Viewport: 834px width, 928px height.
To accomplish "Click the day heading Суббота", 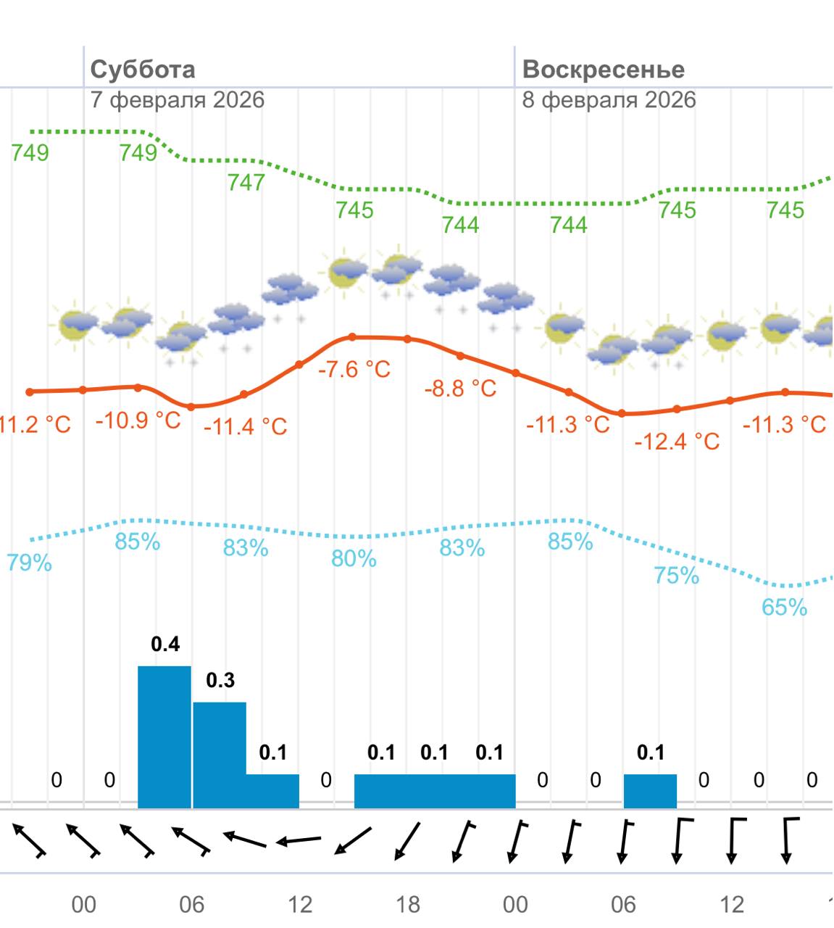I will pyautogui.click(x=142, y=70).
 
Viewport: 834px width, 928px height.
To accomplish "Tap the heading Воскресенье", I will pyautogui.click(x=603, y=70).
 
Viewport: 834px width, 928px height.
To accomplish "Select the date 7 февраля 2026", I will pyautogui.click(x=177, y=99).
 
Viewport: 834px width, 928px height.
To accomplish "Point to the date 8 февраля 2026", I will pyautogui.click(x=609, y=99).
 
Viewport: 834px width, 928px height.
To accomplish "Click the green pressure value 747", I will pyautogui.click(x=246, y=182).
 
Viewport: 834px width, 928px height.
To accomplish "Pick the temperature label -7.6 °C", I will pyautogui.click(x=354, y=370).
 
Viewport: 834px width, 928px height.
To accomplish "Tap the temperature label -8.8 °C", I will pyautogui.click(x=460, y=389).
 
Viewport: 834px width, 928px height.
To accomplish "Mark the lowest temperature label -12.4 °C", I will pyautogui.click(x=677, y=441).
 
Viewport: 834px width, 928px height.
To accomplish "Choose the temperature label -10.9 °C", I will pyautogui.click(x=138, y=420).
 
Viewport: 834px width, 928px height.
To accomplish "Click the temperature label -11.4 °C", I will pyautogui.click(x=245, y=426).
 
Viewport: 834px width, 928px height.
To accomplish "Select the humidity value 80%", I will pyautogui.click(x=354, y=559).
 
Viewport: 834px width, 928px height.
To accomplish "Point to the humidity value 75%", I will pyautogui.click(x=676, y=576).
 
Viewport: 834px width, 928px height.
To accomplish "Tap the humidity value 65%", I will pyautogui.click(x=784, y=608).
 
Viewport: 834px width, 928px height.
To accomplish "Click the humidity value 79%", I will pyautogui.click(x=29, y=563).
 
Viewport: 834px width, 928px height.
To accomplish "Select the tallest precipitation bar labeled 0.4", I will pyautogui.click(x=164, y=736).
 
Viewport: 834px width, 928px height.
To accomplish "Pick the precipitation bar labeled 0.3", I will pyautogui.click(x=220, y=754).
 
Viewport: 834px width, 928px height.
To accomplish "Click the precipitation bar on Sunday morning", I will pyautogui.click(x=650, y=791).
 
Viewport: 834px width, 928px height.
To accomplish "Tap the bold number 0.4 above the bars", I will pyautogui.click(x=165, y=644).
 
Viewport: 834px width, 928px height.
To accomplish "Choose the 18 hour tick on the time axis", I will pyautogui.click(x=407, y=904).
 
